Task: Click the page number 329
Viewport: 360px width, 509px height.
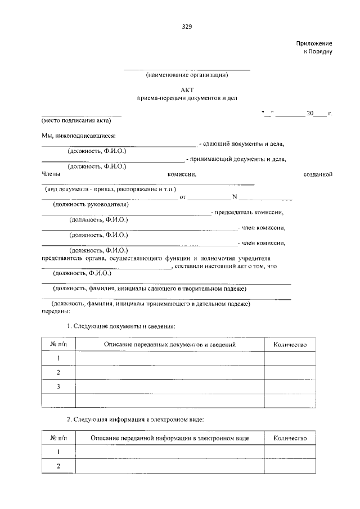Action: [x=187, y=26]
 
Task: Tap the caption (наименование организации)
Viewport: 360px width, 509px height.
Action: [x=186, y=75]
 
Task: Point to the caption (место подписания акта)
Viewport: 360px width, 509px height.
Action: [x=76, y=120]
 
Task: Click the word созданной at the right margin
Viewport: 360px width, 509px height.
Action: [x=318, y=175]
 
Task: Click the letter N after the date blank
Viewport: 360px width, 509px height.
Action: [x=235, y=197]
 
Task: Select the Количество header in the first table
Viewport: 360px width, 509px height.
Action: [x=290, y=344]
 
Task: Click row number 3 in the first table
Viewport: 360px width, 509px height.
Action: [x=58, y=386]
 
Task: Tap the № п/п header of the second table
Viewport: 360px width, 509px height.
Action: [x=58, y=438]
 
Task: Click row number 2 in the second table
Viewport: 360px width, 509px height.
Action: [x=58, y=466]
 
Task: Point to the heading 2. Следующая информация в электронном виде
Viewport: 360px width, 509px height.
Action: [x=135, y=420]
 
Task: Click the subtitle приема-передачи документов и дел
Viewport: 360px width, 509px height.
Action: [x=187, y=98]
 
